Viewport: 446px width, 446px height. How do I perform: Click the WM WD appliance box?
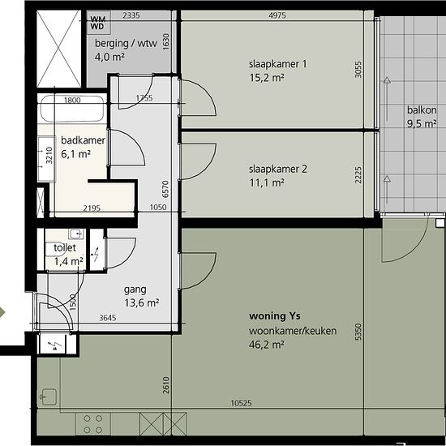point(98,23)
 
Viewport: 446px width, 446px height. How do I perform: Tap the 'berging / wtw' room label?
point(126,44)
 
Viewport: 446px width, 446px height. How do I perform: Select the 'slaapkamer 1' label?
point(278,64)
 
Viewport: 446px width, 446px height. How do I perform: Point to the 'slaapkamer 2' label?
point(278,169)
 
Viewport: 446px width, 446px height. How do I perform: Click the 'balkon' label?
point(422,110)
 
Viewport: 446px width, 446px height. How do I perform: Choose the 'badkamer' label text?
point(83,140)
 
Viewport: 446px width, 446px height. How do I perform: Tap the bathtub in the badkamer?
point(72,109)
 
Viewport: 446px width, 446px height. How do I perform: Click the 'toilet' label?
point(65,248)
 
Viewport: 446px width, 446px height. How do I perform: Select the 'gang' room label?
point(135,290)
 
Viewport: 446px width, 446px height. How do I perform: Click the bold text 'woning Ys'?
point(274,316)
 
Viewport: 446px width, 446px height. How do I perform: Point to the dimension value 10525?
point(241,403)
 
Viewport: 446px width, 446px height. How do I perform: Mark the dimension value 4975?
point(277,15)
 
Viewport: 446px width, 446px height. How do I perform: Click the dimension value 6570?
point(165,189)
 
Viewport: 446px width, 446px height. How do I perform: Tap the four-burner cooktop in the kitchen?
point(93,424)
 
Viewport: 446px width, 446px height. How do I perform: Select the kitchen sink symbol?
point(49,397)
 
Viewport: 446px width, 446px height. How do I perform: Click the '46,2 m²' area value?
point(267,345)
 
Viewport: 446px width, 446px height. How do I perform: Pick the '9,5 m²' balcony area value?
point(422,124)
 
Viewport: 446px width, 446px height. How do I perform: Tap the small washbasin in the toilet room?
point(76,234)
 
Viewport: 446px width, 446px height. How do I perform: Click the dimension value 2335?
point(131,15)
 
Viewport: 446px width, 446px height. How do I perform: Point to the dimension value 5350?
point(358,332)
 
